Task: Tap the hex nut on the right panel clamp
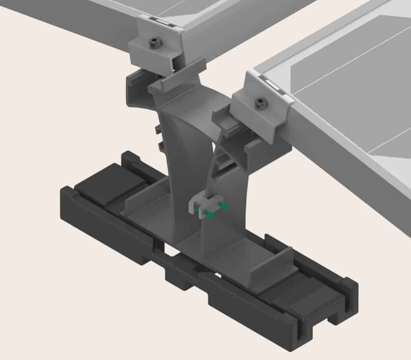coord(261,103)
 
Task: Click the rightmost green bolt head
coord(225,206)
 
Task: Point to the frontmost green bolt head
coord(209,216)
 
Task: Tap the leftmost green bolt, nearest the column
coord(197,208)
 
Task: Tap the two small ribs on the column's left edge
coord(159,136)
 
